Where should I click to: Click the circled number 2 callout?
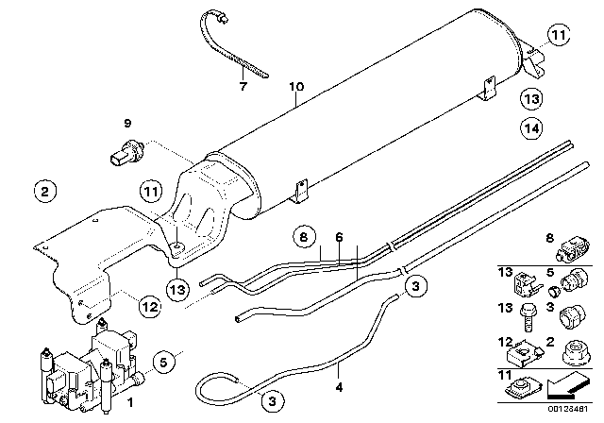pyautogui.click(x=43, y=192)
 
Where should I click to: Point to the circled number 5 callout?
pyautogui.click(x=163, y=360)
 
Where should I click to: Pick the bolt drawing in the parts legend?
pyautogui.click(x=526, y=314)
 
